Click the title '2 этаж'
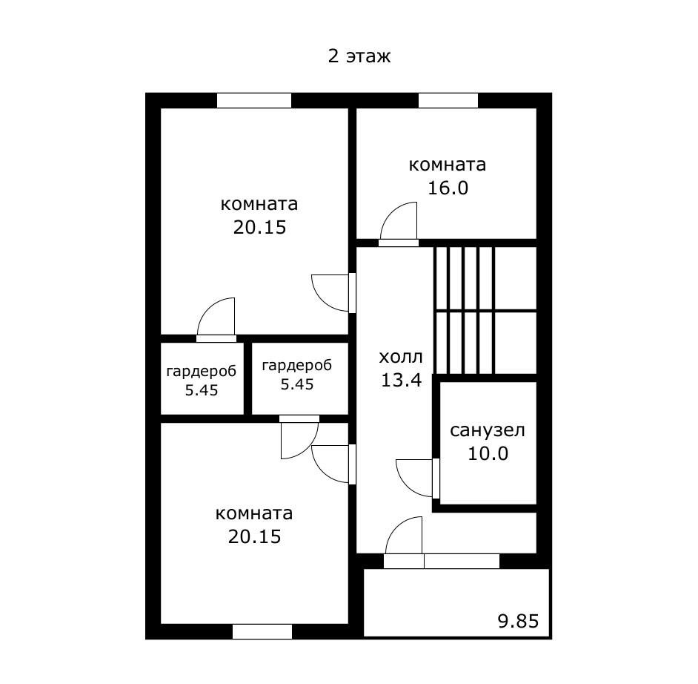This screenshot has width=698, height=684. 359,56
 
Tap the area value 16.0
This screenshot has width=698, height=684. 448,188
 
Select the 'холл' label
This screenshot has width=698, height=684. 401,357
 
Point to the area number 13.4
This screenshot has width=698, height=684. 401,380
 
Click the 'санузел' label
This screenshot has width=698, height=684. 488,430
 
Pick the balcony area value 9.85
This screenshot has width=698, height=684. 518,621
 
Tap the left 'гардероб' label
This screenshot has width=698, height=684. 202,371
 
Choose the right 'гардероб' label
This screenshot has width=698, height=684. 297,366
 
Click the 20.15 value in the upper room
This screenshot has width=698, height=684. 259,227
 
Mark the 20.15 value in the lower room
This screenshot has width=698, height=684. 254,536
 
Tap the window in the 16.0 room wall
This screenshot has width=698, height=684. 448,100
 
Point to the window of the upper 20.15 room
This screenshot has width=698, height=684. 254,100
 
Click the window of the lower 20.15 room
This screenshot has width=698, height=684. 262,631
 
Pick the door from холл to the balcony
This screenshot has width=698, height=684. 403,542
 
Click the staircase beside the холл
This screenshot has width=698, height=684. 485,311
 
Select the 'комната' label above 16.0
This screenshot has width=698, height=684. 447,165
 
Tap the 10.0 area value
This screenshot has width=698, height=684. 488,453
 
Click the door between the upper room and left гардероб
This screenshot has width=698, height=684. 216,320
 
